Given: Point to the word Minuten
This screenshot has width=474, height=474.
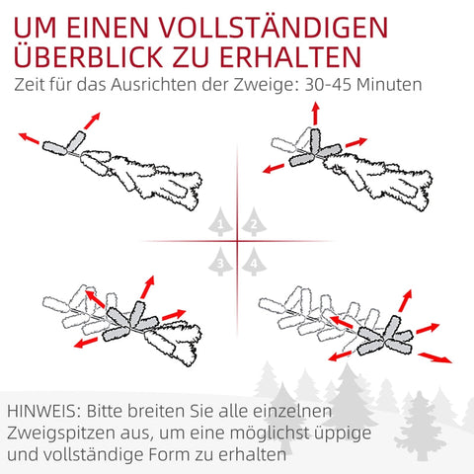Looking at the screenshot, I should point(389,85).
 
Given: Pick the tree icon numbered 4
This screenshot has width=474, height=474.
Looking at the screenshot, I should point(255,262).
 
